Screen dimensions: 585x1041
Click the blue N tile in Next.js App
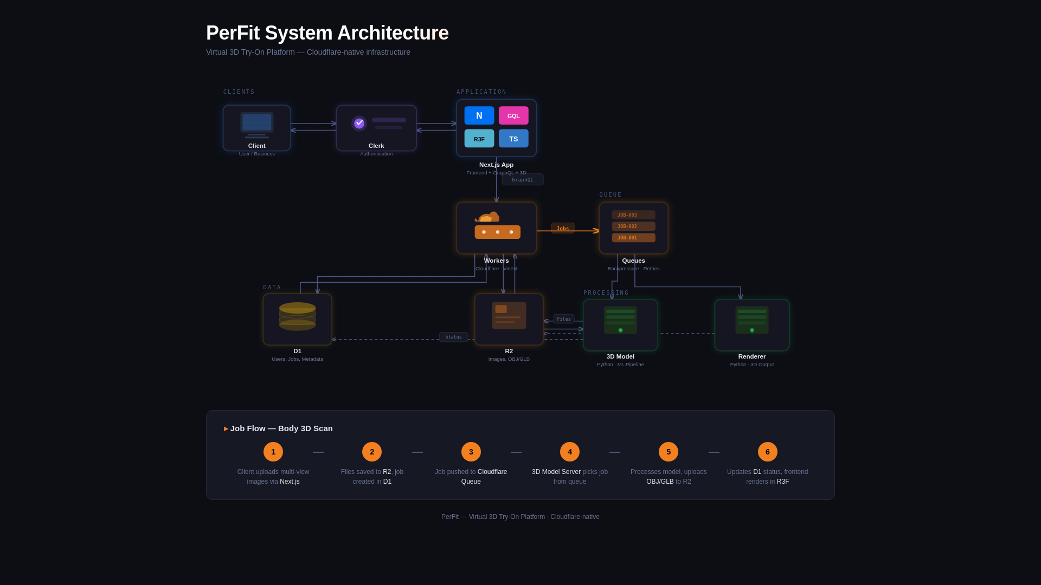click(479, 115)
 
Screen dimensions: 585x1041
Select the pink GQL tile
click(513, 115)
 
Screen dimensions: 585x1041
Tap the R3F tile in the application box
click(479, 139)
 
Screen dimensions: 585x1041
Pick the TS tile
click(513, 139)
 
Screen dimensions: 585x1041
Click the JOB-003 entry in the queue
click(633, 215)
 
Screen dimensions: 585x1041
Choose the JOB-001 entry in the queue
click(633, 238)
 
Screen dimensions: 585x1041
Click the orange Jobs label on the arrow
click(563, 229)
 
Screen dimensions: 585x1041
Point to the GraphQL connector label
click(523, 180)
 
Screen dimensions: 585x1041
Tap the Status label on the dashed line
click(453, 337)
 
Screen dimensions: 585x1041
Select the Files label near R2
click(564, 319)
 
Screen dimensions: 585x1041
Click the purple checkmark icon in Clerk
click(359, 123)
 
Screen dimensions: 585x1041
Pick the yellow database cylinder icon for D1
click(297, 316)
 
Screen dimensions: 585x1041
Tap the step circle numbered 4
click(569, 452)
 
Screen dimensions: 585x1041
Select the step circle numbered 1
click(273, 452)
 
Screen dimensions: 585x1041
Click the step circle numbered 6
click(767, 452)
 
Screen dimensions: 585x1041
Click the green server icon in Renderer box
click(751, 320)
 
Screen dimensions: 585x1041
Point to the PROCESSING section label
click(606, 293)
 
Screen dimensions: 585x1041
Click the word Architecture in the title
click(393, 33)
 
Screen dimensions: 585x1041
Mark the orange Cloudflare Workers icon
click(497, 226)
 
